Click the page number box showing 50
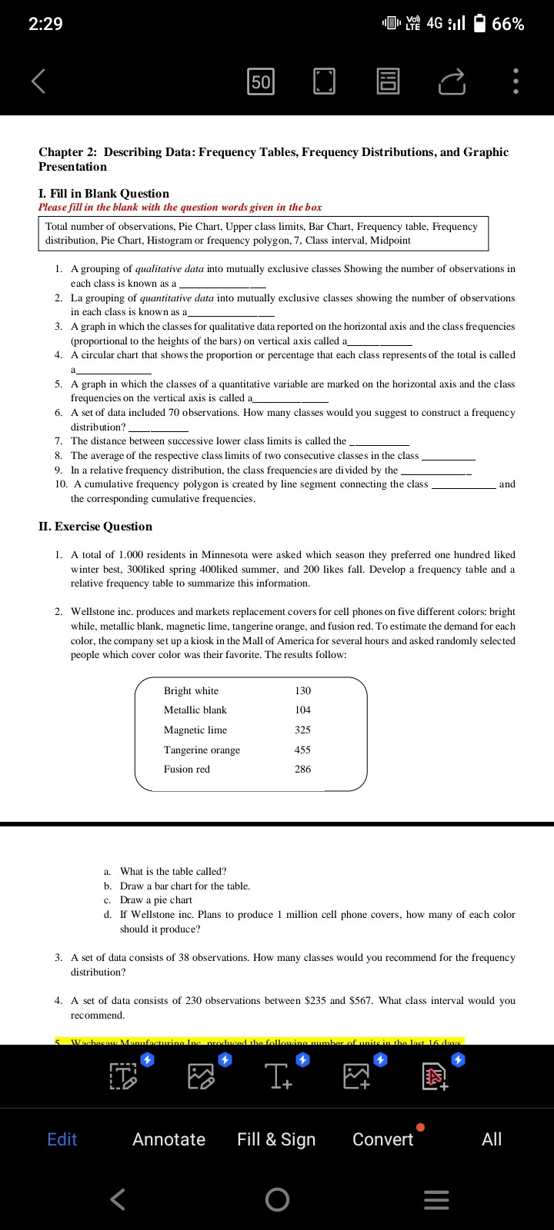(x=261, y=81)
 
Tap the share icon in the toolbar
(x=453, y=81)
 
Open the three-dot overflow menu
(x=516, y=81)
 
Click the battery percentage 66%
(x=508, y=24)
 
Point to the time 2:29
(x=45, y=24)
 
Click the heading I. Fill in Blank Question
(x=104, y=193)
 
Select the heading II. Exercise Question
(x=95, y=527)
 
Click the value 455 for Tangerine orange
(x=303, y=750)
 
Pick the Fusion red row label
(x=187, y=769)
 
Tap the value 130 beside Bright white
(x=303, y=690)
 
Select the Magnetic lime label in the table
(x=195, y=730)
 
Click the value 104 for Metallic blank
(x=303, y=710)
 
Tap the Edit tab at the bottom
(x=62, y=1139)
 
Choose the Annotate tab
(x=169, y=1139)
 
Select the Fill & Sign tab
(x=276, y=1139)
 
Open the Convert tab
(x=382, y=1139)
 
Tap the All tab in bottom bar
(x=492, y=1139)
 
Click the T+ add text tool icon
(x=277, y=1075)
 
